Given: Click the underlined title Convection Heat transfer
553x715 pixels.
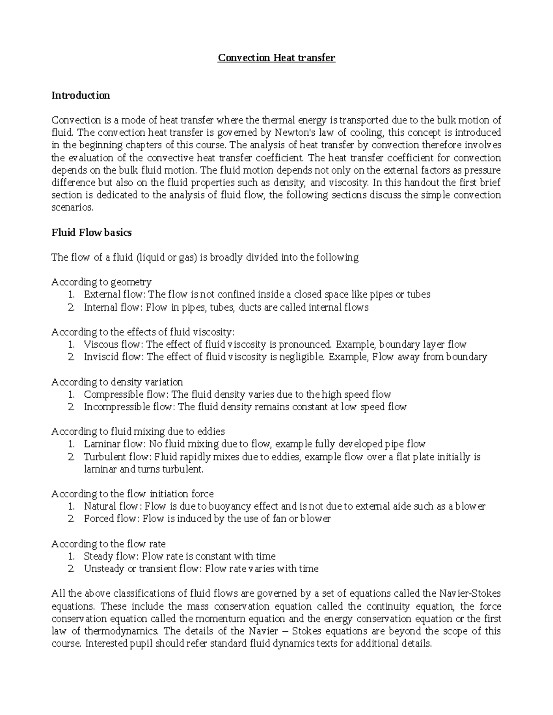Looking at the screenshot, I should point(276,58).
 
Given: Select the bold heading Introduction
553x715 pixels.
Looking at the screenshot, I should point(81,96).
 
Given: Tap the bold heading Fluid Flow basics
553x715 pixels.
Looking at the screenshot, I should point(92,233).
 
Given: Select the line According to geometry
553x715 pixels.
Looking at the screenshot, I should point(101,282).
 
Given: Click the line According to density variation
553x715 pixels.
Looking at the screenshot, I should point(117,382).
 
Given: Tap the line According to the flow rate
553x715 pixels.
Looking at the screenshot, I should point(108,544).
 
